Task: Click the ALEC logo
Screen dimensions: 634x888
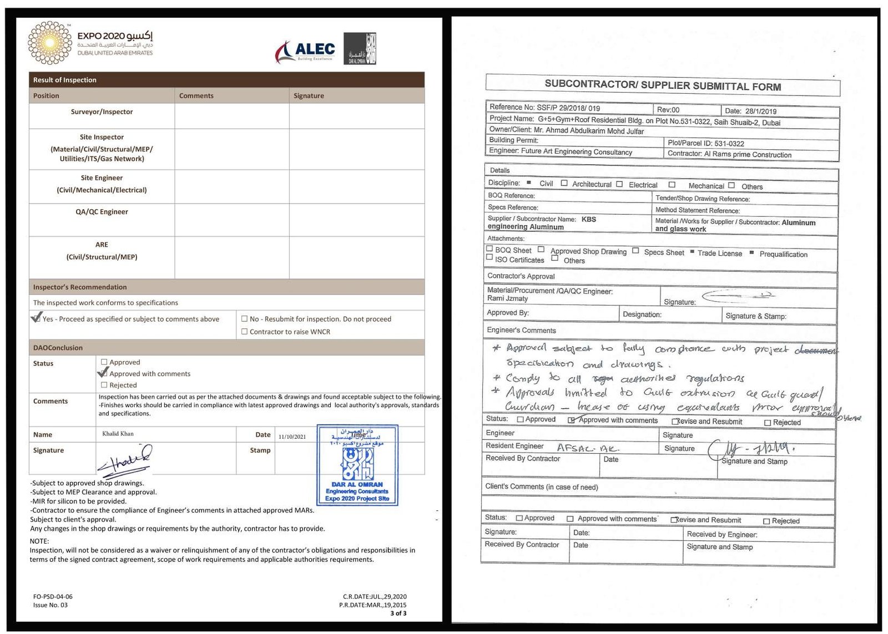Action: coord(305,52)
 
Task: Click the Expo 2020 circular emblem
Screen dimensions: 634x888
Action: coord(50,43)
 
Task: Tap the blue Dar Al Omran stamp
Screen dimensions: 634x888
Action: coord(357,465)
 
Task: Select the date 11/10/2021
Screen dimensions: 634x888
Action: coord(292,437)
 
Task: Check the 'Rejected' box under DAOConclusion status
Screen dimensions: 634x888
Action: coord(104,385)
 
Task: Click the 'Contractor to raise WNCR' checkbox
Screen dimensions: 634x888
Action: coord(244,332)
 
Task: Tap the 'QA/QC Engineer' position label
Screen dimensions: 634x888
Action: coord(102,212)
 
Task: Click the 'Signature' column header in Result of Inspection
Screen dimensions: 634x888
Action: coord(309,95)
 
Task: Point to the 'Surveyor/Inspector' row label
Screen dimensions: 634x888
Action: coord(102,111)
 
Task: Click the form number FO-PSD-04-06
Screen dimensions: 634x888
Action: coord(53,597)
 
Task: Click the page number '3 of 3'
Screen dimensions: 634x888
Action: coord(398,613)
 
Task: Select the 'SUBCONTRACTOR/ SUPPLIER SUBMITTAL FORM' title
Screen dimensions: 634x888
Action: coord(662,85)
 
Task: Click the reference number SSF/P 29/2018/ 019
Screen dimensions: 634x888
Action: coord(568,108)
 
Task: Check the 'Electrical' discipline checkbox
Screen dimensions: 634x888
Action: coord(619,184)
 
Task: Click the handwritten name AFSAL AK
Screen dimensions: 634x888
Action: coord(587,448)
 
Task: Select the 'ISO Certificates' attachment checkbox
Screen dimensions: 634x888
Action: coord(490,257)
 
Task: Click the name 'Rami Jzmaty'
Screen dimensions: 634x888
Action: coord(507,298)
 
